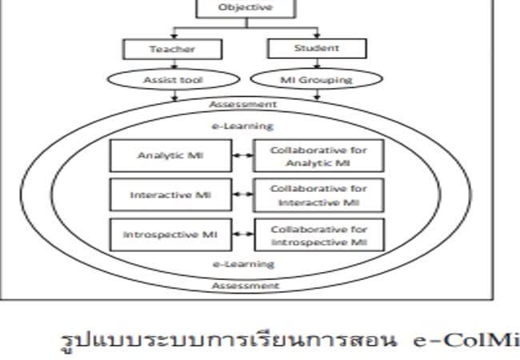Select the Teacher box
click(x=172, y=49)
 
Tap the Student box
click(x=316, y=48)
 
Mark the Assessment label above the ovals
click(x=243, y=104)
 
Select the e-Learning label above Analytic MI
click(x=244, y=126)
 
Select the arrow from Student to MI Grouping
click(x=317, y=64)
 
